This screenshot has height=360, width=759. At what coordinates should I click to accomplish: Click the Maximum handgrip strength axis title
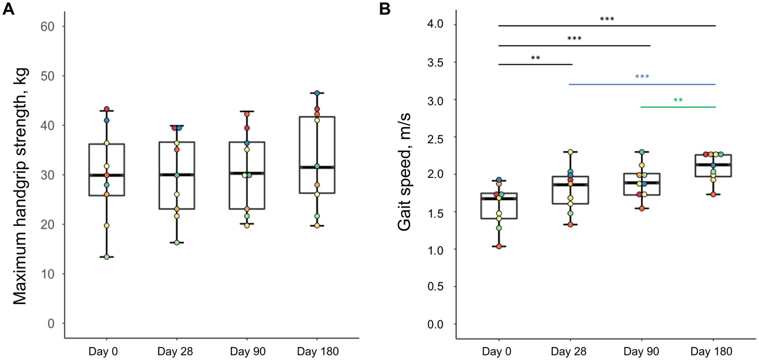(20, 186)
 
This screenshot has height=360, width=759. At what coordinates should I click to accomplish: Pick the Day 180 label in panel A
(317, 352)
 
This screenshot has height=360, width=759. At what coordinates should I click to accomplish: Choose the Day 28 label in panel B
(570, 352)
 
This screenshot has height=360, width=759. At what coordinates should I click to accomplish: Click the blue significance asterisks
(642, 77)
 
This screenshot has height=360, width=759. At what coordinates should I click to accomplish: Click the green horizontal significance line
(678, 107)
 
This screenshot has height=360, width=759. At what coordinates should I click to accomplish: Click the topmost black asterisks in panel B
(607, 19)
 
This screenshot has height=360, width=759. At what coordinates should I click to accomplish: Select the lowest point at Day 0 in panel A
(106, 257)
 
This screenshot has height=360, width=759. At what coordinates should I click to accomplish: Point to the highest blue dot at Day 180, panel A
(317, 93)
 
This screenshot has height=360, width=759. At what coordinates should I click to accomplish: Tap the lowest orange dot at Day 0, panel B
(499, 246)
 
